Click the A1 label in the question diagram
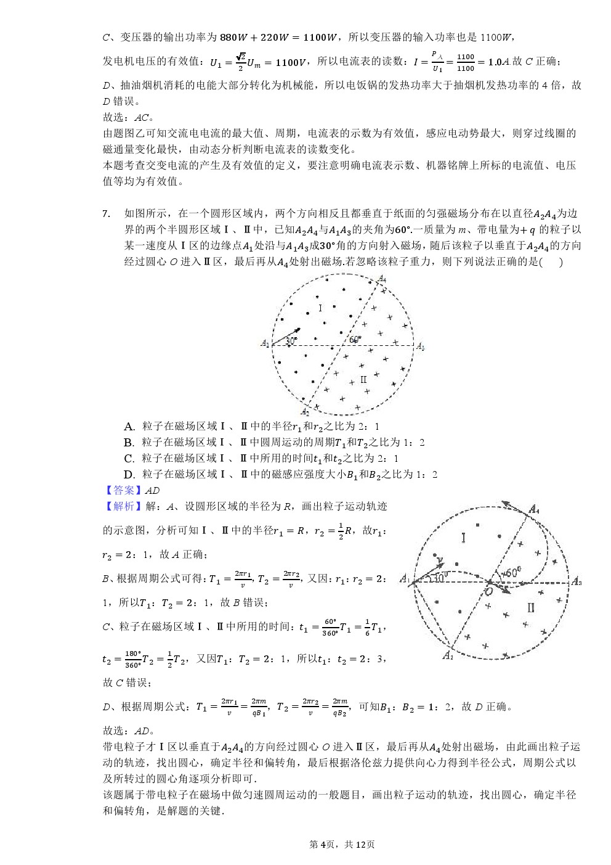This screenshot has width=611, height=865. tap(265, 343)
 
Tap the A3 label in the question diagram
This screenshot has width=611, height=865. tap(420, 346)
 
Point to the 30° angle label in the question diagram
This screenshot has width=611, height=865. tap(291, 340)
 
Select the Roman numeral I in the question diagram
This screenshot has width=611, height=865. tap(320, 308)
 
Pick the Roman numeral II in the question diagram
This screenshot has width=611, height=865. tap(363, 380)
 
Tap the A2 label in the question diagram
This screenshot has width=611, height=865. tap(304, 412)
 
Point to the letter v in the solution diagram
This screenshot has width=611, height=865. tap(440, 559)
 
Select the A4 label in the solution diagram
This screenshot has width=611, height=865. tap(534, 509)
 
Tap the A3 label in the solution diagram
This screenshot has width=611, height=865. tap(577, 581)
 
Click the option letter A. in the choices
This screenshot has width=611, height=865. tap(129, 427)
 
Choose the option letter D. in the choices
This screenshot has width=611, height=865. tap(129, 475)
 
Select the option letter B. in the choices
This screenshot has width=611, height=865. tap(129, 443)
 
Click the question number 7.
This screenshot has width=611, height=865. tap(106, 214)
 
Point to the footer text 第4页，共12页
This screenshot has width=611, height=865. tap(342, 844)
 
